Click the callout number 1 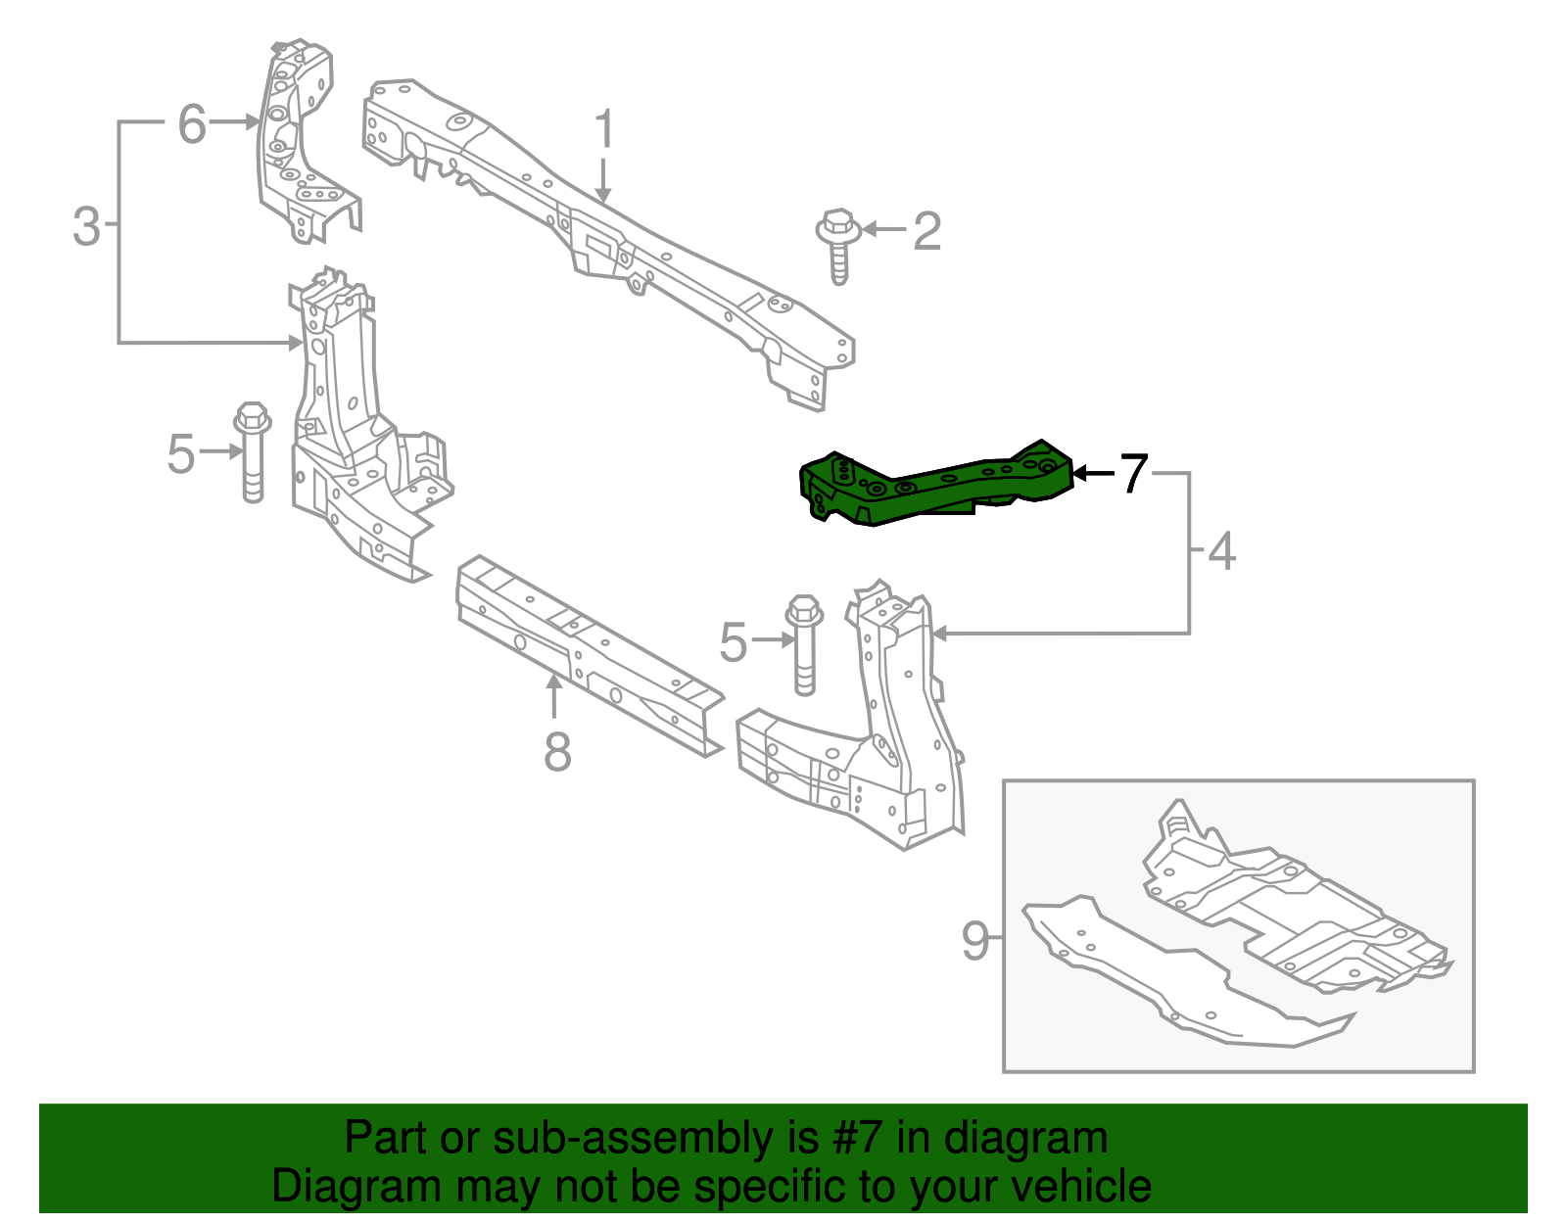(x=605, y=130)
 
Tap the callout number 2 (x=926, y=231)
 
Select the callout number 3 (x=86, y=226)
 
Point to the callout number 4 (x=1221, y=551)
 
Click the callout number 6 (x=192, y=124)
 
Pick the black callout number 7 (x=1133, y=473)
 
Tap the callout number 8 (x=557, y=752)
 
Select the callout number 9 (x=975, y=940)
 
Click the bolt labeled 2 (x=838, y=245)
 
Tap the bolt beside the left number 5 (x=253, y=451)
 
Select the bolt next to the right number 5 (x=804, y=643)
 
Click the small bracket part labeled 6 (x=299, y=137)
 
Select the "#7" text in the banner (x=858, y=1138)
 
